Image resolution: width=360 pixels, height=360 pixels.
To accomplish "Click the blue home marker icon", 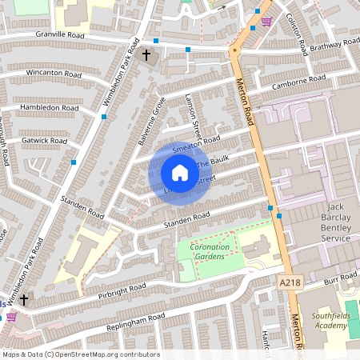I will point(180,173).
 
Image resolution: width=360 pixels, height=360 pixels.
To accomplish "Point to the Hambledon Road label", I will point(50,107).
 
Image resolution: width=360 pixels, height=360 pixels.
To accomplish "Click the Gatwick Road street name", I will point(46,140).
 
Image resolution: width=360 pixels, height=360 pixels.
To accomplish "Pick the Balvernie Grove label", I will point(150,121).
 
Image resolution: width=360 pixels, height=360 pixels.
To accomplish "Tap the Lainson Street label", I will point(193,116).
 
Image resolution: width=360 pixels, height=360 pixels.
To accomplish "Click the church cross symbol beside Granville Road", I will point(146,55).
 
